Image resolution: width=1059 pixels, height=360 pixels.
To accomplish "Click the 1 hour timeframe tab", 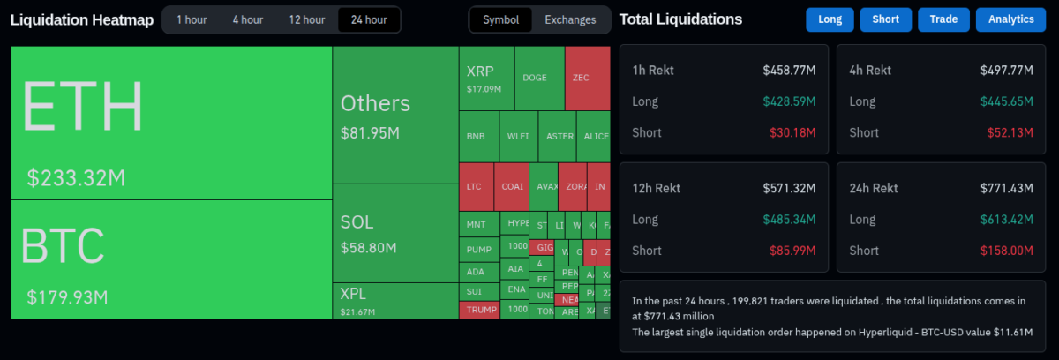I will click(192, 19).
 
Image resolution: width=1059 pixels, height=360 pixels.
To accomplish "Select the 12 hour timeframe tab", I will click(306, 19).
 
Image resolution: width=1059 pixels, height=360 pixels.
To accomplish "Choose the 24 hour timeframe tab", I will click(368, 19).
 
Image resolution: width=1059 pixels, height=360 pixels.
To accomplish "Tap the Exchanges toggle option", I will click(570, 19).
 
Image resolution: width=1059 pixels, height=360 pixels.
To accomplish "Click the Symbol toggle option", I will click(500, 19).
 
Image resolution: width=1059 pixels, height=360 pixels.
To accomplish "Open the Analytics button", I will click(1010, 19).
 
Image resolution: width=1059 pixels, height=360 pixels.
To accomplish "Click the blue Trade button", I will click(943, 19).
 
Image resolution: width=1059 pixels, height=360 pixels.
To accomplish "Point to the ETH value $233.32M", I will click(76, 178).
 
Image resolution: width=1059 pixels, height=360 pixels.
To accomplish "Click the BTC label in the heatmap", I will click(63, 246).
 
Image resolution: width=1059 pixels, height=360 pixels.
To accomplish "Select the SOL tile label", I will click(357, 222).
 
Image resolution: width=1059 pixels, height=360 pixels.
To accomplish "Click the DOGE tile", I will click(535, 78).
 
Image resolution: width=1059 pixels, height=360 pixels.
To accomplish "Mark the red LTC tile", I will click(474, 187).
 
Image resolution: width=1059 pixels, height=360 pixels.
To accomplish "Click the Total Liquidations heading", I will click(680, 19).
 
